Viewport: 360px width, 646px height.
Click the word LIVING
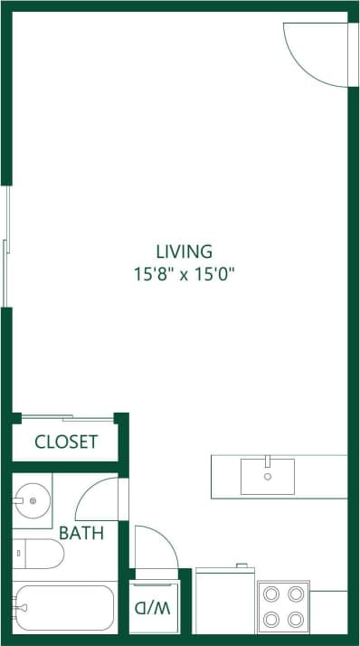[x=184, y=251]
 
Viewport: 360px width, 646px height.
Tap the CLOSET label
[x=65, y=442]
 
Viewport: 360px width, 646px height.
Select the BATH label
[x=81, y=533]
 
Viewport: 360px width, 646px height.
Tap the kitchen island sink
[x=267, y=476]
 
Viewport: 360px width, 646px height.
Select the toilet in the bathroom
[x=36, y=553]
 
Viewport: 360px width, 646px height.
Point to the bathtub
[x=63, y=607]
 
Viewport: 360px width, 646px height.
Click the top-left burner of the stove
[x=271, y=594]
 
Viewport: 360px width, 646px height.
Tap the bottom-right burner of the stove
[x=296, y=620]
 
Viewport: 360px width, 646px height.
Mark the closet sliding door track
[x=67, y=417]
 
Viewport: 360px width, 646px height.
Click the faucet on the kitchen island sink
[x=268, y=463]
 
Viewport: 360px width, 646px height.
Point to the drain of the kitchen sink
[x=267, y=475]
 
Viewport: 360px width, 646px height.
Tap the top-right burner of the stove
[x=296, y=594]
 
